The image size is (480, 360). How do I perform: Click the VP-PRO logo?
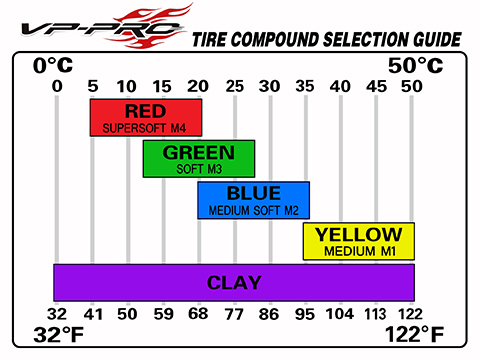tap(95, 25)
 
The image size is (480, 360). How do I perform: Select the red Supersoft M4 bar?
tap(146, 117)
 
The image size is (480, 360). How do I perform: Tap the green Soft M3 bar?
tap(199, 159)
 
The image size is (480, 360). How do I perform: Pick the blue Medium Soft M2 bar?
tap(253, 200)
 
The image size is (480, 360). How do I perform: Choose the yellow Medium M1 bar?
tap(358, 241)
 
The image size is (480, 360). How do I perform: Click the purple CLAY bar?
tap(234, 283)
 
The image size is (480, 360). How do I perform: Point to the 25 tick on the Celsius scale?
tap(235, 86)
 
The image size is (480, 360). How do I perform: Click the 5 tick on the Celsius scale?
tap(93, 86)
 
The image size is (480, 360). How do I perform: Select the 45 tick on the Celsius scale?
tap(377, 86)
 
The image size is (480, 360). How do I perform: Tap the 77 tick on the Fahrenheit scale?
tap(235, 313)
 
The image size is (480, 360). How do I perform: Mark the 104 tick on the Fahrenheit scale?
tap(341, 313)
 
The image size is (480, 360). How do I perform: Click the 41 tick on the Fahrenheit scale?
tap(93, 313)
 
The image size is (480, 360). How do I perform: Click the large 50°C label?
tap(414, 66)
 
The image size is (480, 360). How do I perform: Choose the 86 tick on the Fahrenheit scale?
tap(270, 313)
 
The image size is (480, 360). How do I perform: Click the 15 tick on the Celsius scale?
tap(164, 86)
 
